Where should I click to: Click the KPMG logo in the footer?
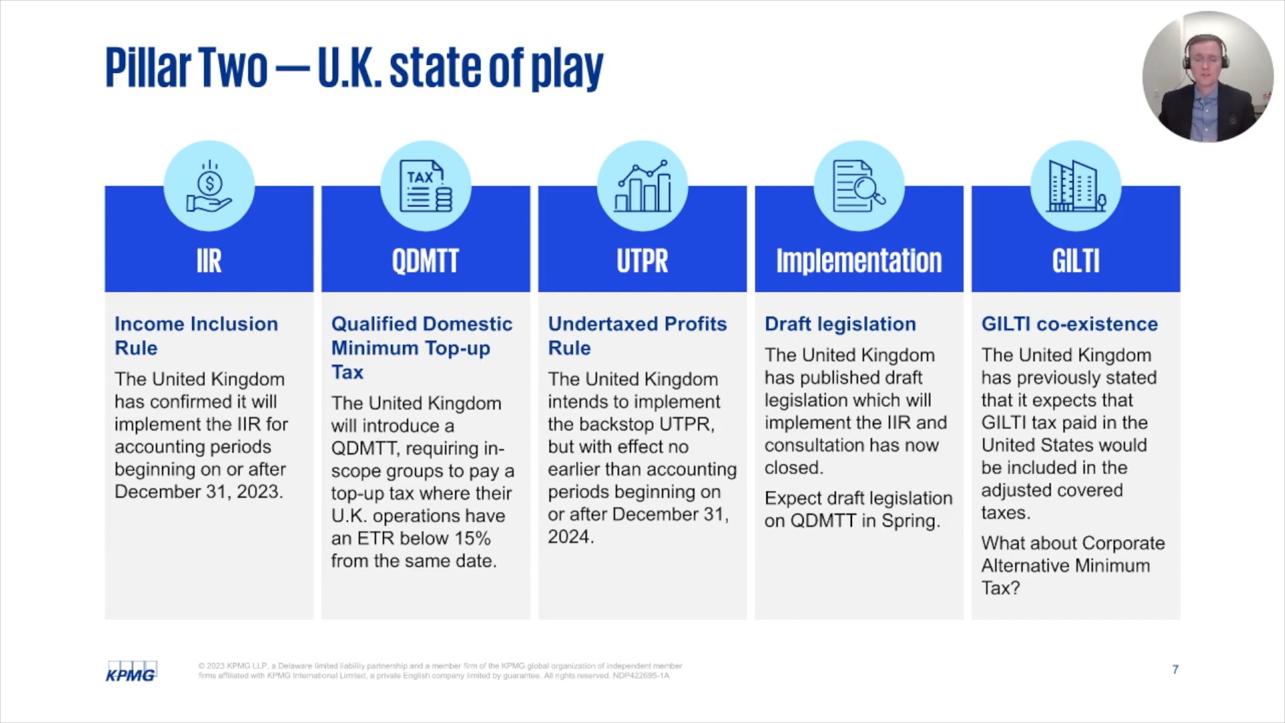[x=131, y=671]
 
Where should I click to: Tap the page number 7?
[x=1175, y=669]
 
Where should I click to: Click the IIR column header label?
[x=209, y=260]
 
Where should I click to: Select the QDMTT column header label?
[x=426, y=260]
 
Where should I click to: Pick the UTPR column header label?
[x=642, y=260]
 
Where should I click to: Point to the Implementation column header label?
[x=859, y=260]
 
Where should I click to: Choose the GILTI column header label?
[x=1076, y=260]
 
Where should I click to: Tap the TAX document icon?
[x=426, y=186]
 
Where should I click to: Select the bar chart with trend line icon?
[x=642, y=186]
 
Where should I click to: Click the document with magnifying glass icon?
[x=859, y=186]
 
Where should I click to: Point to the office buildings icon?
[x=1076, y=186]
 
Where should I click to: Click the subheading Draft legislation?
[x=840, y=324]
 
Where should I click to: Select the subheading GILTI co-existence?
[x=1069, y=324]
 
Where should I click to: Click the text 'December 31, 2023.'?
[x=199, y=491]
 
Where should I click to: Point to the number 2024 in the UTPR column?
[x=570, y=537]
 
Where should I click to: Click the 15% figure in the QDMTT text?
[x=473, y=538]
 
